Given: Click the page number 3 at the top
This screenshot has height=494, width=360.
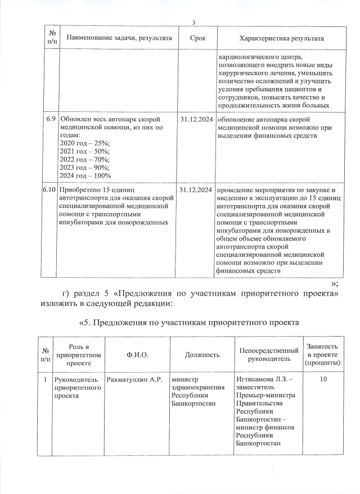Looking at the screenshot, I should tap(193, 22).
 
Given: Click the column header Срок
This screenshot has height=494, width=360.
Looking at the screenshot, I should tap(197, 38).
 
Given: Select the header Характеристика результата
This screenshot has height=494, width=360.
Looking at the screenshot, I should tap(281, 38).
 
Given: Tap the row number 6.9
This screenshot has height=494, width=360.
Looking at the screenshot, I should tap(50, 120).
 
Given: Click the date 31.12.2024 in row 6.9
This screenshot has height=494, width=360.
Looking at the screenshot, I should tap(196, 120).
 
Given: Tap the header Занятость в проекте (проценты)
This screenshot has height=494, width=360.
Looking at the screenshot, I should tap(322, 355).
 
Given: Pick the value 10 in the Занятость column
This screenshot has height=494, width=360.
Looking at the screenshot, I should tap(323, 380).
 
